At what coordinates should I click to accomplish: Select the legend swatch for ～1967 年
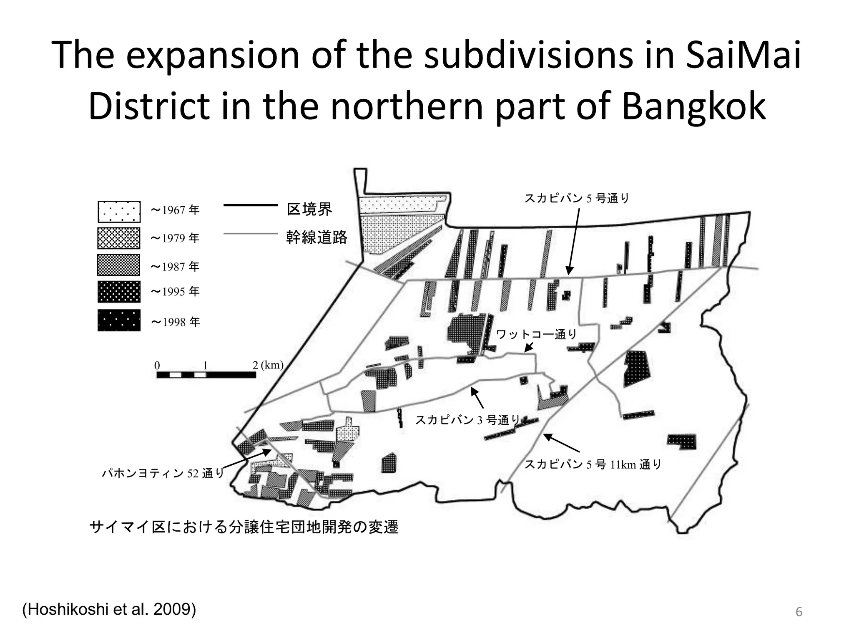click(119, 212)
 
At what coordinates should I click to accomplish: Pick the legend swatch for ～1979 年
click(119, 238)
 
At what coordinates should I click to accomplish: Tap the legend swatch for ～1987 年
click(119, 265)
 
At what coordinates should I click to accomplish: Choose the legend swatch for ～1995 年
click(119, 292)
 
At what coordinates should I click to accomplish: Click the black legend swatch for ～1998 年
click(119, 320)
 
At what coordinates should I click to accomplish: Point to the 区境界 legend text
click(309, 209)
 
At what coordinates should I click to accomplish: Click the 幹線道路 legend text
click(316, 237)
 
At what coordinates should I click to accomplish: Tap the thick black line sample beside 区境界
click(251, 205)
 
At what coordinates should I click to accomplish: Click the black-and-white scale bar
click(206, 375)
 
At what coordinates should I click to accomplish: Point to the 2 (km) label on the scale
click(268, 365)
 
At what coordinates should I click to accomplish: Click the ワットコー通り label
click(536, 334)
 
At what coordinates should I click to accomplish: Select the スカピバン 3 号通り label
click(467, 420)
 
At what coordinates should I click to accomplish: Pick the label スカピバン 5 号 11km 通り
click(593, 464)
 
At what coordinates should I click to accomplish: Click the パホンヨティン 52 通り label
click(163, 473)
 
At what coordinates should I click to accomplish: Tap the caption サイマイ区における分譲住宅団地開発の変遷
click(244, 527)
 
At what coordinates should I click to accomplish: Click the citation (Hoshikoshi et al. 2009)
click(109, 610)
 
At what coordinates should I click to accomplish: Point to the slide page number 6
click(799, 612)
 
